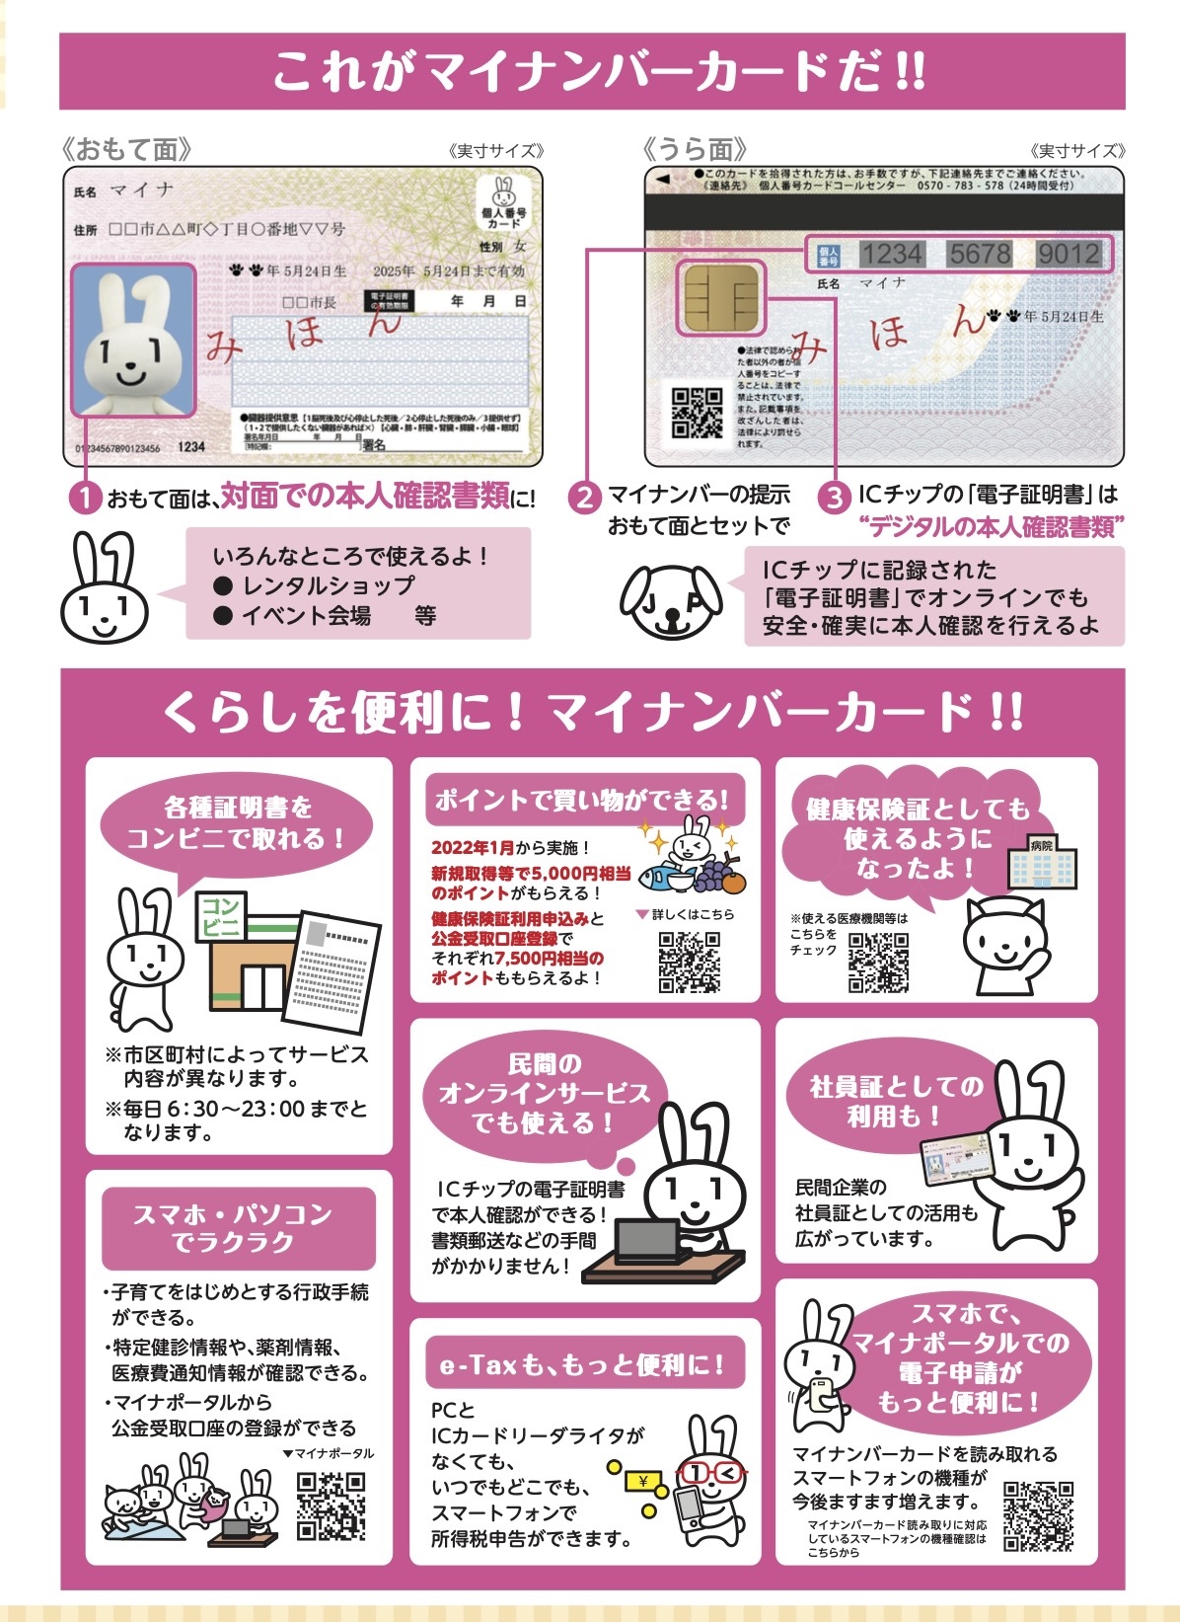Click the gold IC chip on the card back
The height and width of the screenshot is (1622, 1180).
pyautogui.click(x=720, y=296)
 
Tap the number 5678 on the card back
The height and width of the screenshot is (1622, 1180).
pyautogui.click(x=980, y=254)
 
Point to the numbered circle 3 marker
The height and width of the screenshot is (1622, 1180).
pyautogui.click(x=836, y=497)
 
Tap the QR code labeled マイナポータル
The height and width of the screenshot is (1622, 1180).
pyautogui.click(x=332, y=1505)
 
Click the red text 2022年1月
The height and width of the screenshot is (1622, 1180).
pyautogui.click(x=473, y=847)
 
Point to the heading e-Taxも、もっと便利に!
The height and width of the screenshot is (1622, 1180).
pyautogui.click(x=583, y=1364)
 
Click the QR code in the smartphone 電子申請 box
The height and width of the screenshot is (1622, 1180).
pyautogui.click(x=1038, y=1514)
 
